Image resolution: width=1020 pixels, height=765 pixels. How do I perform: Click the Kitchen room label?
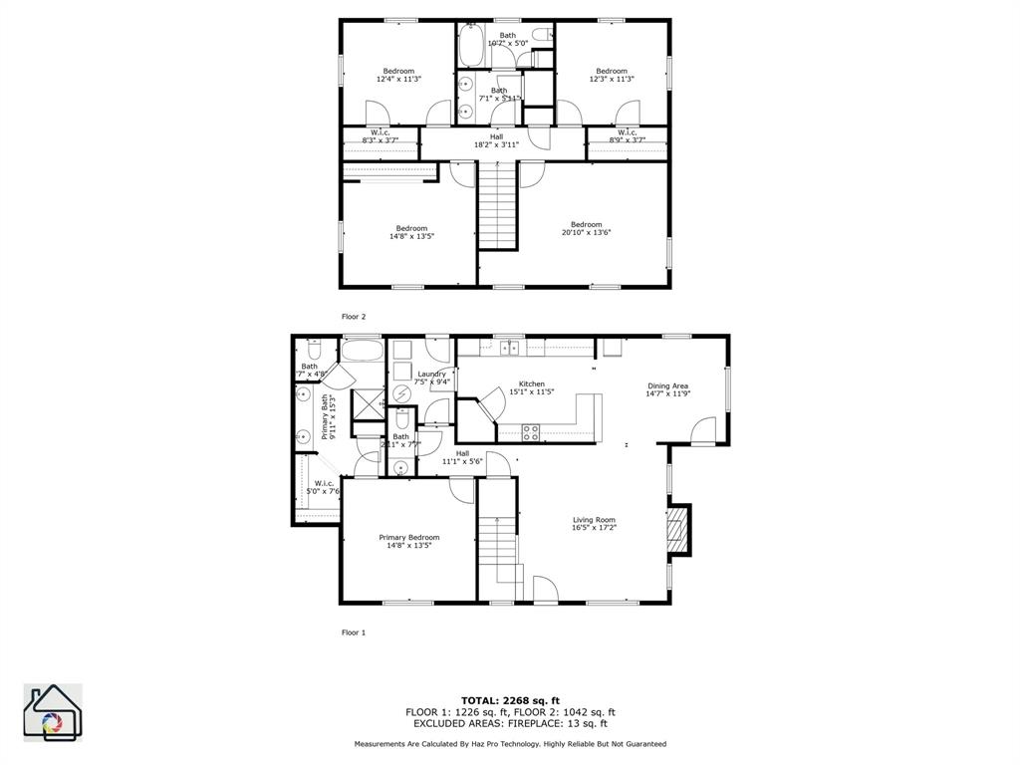point(531,387)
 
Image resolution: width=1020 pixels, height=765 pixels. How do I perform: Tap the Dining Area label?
point(667,389)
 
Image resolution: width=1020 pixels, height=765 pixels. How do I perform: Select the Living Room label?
point(594,523)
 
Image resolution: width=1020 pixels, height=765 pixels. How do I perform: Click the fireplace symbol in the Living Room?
point(678,530)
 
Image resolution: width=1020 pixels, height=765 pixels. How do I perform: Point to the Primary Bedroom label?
point(408,541)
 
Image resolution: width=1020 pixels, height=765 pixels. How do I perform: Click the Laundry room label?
point(432,378)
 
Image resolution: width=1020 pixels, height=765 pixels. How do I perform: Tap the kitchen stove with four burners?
point(531,432)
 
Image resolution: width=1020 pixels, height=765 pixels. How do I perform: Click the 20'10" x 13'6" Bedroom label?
point(586,228)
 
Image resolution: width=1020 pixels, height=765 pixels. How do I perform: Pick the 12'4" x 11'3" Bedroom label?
point(398,75)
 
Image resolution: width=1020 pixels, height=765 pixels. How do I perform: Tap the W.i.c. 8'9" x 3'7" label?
point(627,135)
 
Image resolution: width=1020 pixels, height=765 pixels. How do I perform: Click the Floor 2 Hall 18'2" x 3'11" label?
point(496,140)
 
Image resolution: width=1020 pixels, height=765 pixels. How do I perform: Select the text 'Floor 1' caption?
point(354,633)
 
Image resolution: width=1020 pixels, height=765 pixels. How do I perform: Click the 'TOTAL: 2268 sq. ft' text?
point(510,700)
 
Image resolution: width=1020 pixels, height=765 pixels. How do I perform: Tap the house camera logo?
point(53,712)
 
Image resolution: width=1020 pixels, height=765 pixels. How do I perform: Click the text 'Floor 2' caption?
point(354,317)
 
